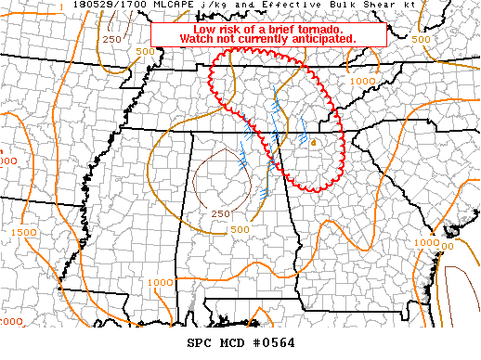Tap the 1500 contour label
(x=25, y=232)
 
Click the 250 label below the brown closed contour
(x=220, y=213)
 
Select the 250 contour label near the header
(x=111, y=40)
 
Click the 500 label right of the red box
(x=421, y=40)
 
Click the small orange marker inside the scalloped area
(x=314, y=142)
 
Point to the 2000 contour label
(x=9, y=320)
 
